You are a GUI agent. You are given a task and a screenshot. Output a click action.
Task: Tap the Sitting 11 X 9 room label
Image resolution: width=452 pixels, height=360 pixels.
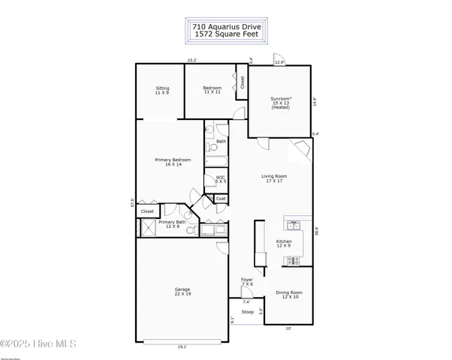(x=162, y=90)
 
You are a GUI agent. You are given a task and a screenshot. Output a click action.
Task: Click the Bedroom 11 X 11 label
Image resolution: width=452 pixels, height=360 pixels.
(x=212, y=90)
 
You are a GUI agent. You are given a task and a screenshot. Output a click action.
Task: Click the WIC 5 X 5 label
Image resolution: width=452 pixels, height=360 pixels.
(x=221, y=179)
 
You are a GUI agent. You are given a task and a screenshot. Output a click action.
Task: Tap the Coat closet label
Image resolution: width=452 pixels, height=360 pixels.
(x=221, y=198)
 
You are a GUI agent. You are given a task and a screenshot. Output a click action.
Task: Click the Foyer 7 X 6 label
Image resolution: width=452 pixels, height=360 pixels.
(x=246, y=281)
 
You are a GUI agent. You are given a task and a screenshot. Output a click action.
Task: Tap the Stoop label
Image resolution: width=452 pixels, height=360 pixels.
(x=247, y=311)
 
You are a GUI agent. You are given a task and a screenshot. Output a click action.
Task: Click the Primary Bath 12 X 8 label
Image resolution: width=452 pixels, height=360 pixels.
(x=172, y=224)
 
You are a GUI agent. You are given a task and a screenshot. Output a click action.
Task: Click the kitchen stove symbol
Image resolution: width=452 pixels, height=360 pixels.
(x=292, y=260)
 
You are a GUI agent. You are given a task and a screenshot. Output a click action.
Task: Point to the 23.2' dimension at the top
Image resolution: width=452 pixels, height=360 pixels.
(x=192, y=60)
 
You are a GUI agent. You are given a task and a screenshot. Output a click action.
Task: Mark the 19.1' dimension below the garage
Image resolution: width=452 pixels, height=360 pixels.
(x=182, y=347)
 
